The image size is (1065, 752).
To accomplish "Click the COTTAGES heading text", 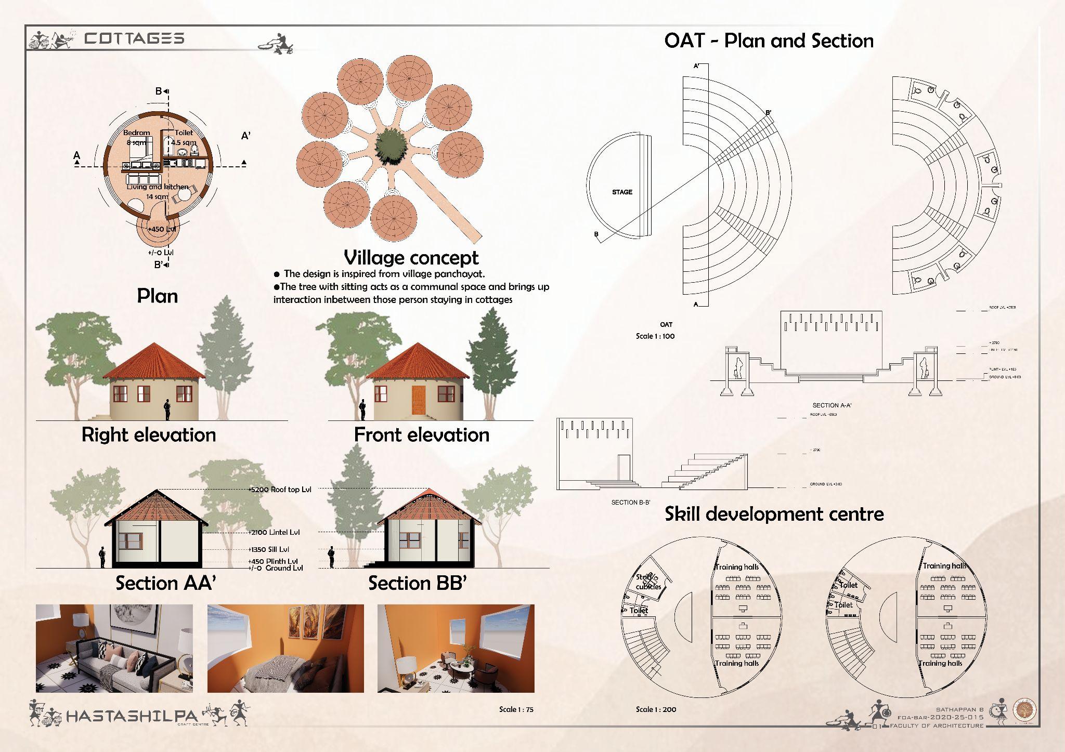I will (134, 38).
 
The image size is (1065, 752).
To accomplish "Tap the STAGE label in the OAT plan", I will (622, 192).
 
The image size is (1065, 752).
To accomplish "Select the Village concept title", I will (411, 258).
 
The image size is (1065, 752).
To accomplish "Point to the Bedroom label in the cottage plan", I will (136, 133).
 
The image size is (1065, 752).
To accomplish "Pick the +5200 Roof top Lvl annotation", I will (279, 490).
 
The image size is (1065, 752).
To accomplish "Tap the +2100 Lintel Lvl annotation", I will (274, 532).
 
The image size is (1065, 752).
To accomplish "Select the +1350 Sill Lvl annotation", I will (268, 549).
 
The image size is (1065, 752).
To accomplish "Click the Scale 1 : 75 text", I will (516, 709).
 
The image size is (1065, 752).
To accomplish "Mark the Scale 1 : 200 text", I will (656, 709).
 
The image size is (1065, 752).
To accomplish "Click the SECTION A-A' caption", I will (832, 405).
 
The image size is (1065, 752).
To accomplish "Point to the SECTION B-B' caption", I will (631, 503).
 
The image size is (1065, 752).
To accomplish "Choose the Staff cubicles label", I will (648, 582).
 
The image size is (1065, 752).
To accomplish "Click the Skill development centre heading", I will (774, 514).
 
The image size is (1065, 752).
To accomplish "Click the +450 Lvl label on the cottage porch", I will (161, 229).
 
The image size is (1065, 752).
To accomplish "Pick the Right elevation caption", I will (149, 435).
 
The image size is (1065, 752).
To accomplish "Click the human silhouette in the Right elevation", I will (167, 409).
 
